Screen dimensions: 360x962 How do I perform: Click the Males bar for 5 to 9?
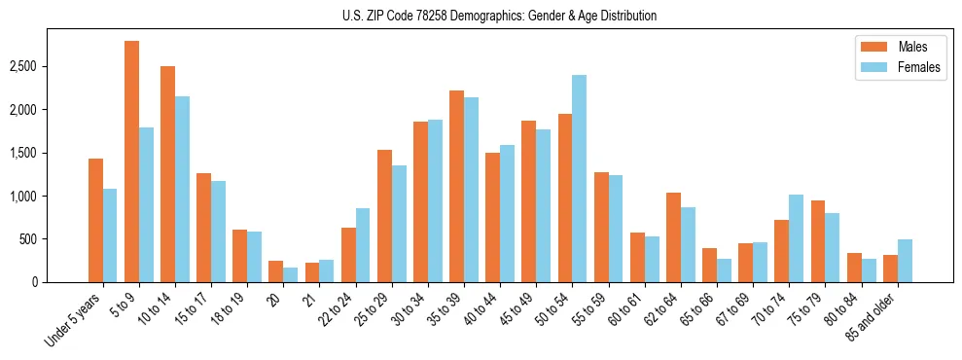pos(131,162)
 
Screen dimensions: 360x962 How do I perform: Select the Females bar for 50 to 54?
pos(579,179)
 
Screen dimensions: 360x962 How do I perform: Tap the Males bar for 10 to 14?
pos(167,174)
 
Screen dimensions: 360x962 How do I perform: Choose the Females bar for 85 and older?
pos(905,261)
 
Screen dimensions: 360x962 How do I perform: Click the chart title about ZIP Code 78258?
pos(499,16)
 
